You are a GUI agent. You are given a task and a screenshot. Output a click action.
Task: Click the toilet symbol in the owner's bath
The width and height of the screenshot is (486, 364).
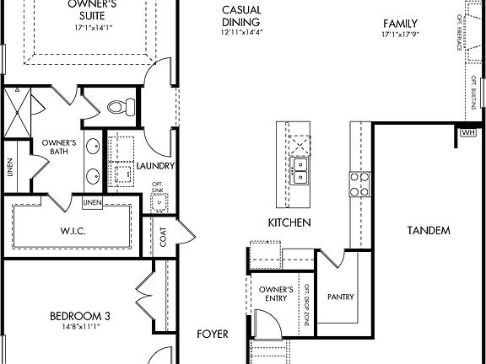(123, 106)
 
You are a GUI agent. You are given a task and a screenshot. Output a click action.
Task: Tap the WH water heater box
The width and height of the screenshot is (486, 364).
(467, 131)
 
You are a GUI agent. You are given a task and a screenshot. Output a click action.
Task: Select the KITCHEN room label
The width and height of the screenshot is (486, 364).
(289, 223)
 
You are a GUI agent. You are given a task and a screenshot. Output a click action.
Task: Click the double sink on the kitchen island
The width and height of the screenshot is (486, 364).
(300, 170)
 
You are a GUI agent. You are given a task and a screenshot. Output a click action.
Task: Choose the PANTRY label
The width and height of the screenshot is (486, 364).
(341, 297)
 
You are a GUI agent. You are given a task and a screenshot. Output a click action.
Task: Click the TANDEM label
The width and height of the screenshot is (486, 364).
(428, 230)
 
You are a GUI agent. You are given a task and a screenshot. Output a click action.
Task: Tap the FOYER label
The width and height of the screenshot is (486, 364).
(213, 335)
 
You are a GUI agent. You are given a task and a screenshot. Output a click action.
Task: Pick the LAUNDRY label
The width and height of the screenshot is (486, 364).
(154, 166)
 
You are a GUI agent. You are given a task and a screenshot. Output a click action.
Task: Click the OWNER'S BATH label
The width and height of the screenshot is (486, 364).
(59, 147)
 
